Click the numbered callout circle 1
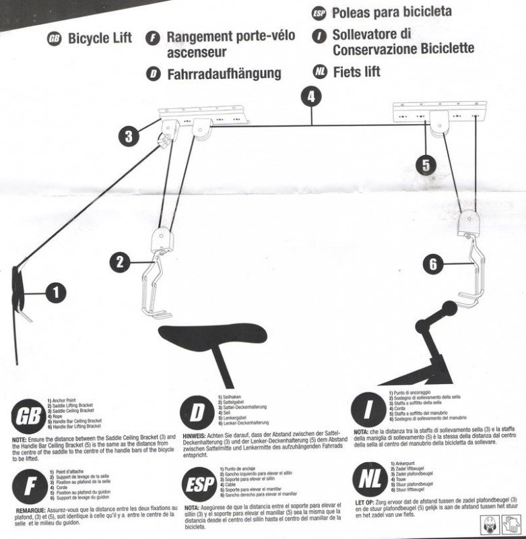[55, 292]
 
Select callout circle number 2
[119, 262]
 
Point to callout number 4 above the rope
[310, 97]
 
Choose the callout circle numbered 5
[424, 165]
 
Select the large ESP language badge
[200, 502]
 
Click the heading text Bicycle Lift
[100, 38]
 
